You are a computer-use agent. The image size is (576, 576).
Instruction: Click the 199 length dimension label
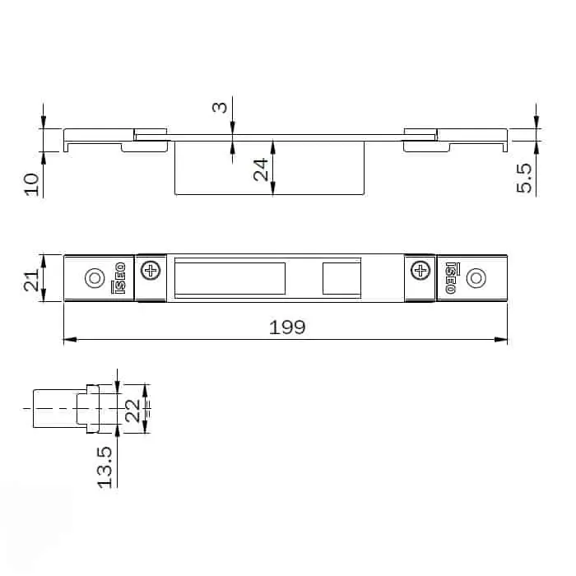287,327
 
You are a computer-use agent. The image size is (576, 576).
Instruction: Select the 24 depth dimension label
261,170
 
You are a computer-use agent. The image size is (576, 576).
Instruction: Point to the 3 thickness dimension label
220,107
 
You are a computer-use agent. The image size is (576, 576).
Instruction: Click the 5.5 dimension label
524,179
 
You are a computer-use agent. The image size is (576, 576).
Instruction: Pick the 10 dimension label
31,184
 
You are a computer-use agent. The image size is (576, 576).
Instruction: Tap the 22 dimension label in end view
132,411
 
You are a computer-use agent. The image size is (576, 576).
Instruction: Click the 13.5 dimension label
105,467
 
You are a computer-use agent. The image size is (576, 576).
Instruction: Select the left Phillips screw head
151,271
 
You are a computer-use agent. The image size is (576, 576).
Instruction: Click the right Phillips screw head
420,271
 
